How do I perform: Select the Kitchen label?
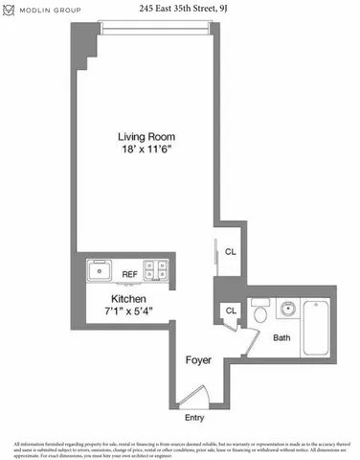(127, 298)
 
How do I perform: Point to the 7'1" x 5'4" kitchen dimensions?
(127, 310)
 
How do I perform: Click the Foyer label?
(198, 360)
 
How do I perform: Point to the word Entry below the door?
(195, 417)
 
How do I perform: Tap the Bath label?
(281, 337)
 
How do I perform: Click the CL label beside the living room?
(231, 252)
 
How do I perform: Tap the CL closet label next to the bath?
(231, 310)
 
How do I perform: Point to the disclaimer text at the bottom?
(180, 448)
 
